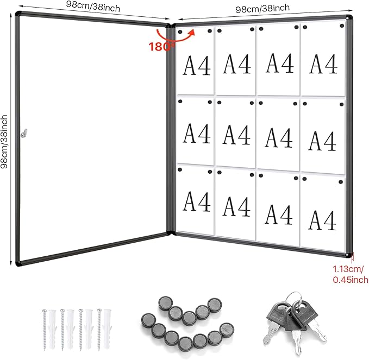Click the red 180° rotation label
[161, 47]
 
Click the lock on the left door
[24, 133]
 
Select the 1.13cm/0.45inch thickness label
[350, 274]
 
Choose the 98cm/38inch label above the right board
[262, 9]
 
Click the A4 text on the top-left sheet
[197, 66]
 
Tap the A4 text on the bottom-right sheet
[322, 220]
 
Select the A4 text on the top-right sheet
[323, 64]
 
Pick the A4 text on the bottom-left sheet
[197, 202]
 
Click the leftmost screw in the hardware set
[44, 330]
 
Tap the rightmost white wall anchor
[107, 329]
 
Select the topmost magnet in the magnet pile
[165, 304]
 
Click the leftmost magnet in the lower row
[148, 321]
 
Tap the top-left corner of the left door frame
[16, 14]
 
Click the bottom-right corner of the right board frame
[351, 256]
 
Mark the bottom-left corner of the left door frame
[17, 264]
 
